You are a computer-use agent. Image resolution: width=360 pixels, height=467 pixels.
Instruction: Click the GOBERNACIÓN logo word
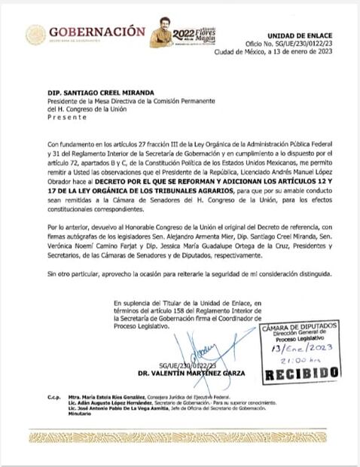(96, 32)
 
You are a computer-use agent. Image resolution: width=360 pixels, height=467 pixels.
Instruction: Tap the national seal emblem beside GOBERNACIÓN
(35, 35)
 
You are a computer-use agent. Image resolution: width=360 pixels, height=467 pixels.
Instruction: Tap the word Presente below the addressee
(46, 118)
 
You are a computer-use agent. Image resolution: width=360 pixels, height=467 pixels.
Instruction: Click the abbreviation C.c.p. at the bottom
(38, 395)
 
